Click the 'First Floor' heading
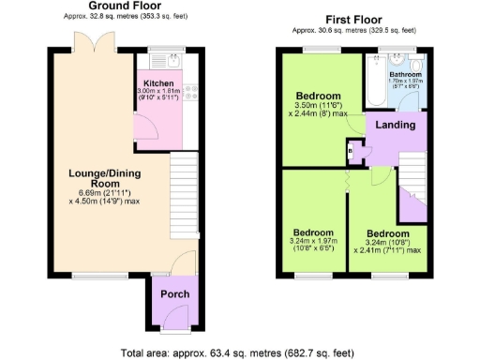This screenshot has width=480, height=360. [352, 20]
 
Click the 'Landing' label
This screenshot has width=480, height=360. [396, 125]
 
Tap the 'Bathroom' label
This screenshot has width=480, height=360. [406, 75]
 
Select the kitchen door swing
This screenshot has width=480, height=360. [143, 129]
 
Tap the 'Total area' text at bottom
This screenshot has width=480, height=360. [238, 352]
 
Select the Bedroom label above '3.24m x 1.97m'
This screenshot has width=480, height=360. [314, 232]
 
